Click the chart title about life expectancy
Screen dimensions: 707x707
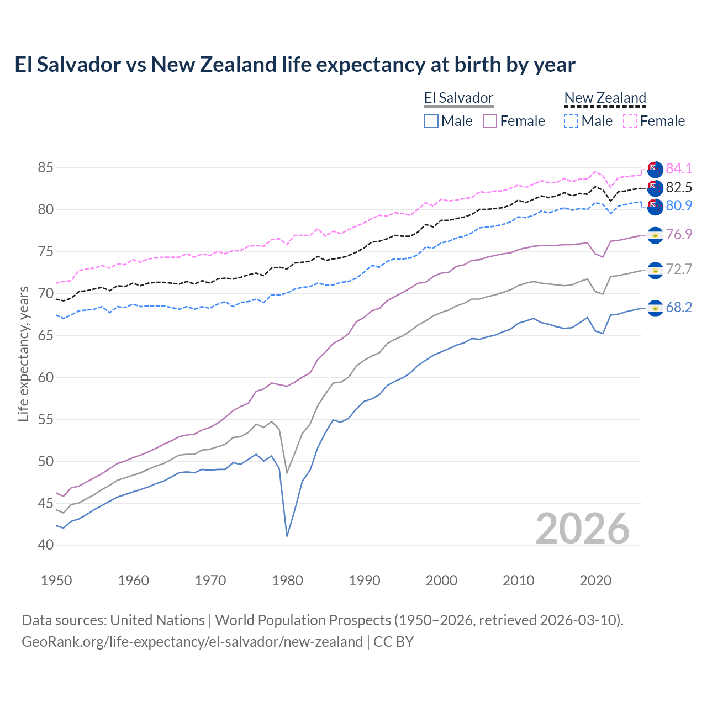[x=295, y=65]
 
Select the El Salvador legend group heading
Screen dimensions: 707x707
[x=458, y=98]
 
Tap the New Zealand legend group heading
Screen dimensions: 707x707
[x=605, y=98]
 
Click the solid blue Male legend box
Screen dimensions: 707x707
[x=431, y=121]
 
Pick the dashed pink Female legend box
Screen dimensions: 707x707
[x=630, y=121]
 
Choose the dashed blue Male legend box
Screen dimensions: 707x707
[x=571, y=121]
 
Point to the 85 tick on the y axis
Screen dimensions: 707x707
[x=46, y=167]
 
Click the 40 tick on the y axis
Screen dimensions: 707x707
[x=46, y=545]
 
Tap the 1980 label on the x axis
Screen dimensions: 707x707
[x=287, y=581]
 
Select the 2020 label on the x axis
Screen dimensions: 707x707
[x=595, y=581]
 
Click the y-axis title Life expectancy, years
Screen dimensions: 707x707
[x=23, y=353]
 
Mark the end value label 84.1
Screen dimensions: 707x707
[x=679, y=168]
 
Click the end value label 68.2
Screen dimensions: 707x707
[x=679, y=308]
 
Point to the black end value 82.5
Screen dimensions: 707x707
[x=679, y=187]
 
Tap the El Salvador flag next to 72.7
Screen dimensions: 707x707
[x=655, y=270]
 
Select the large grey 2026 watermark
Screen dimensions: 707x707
[x=582, y=529]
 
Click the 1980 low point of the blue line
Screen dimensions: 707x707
[x=287, y=536]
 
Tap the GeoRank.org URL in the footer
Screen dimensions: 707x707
[x=192, y=642]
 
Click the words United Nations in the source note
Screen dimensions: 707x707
[x=157, y=620]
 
